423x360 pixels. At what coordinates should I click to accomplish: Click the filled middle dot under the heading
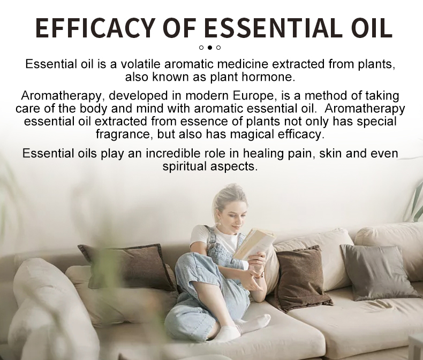[210, 48]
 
